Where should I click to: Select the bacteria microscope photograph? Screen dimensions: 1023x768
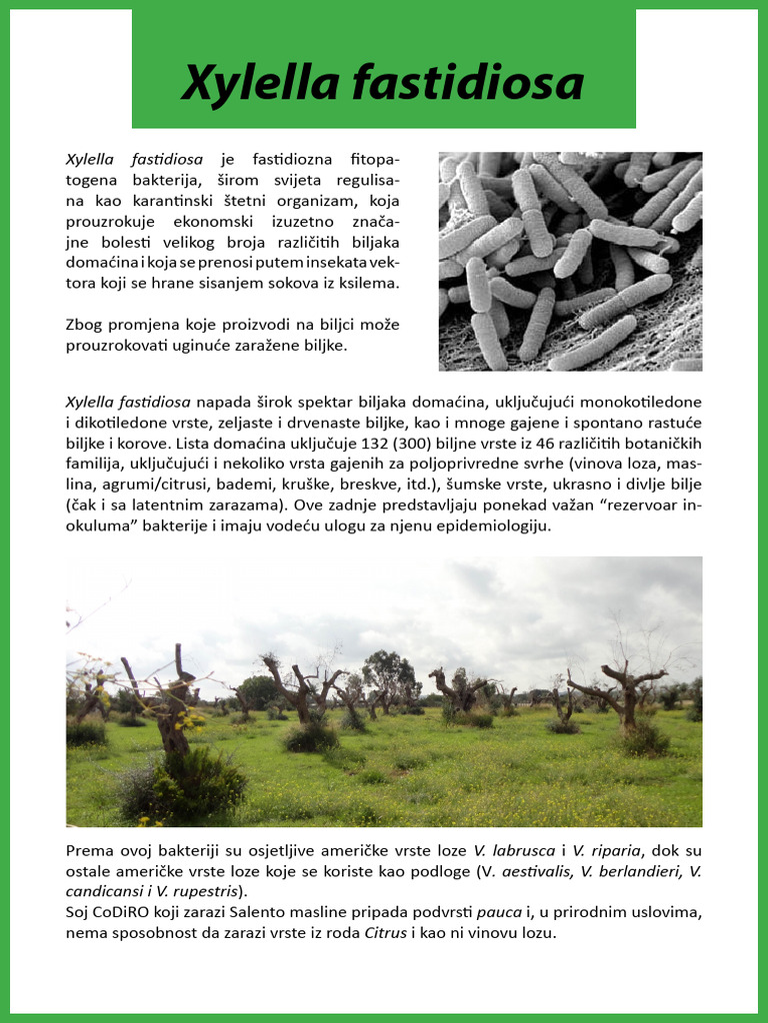click(570, 262)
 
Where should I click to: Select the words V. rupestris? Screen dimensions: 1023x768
click(205, 890)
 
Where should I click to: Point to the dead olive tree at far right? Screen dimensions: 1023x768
click(624, 699)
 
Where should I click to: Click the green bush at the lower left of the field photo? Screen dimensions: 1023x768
click(185, 784)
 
